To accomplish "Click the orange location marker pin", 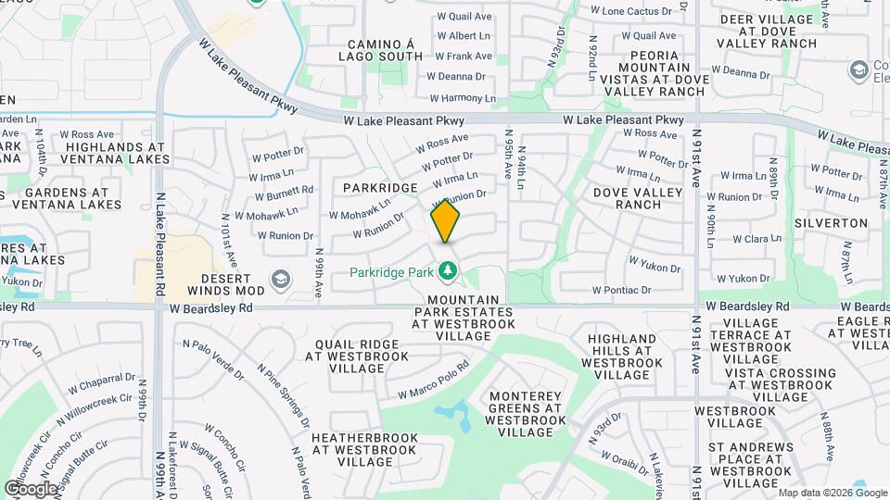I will (446, 221).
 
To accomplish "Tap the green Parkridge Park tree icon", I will (449, 271).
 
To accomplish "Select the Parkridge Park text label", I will (391, 272).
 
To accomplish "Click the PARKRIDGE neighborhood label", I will (380, 188).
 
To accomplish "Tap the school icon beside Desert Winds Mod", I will (280, 279).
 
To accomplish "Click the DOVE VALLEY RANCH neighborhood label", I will (639, 198).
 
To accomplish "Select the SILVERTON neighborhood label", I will (831, 223).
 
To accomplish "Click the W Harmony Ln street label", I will (462, 99).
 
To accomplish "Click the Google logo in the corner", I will (30, 488).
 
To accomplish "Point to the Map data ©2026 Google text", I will (831, 493).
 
